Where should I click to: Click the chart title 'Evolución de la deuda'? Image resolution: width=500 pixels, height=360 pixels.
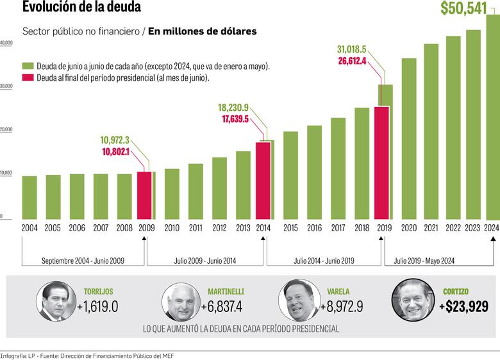(x=81, y=8)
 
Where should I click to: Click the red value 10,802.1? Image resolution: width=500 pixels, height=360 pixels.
(x=116, y=151)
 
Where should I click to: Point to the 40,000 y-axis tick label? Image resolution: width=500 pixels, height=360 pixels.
(x=6, y=43)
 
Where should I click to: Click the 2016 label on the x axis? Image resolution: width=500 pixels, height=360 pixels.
(x=314, y=228)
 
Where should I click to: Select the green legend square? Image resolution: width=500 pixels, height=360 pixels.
(x=28, y=66)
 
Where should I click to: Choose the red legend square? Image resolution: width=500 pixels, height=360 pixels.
(x=28, y=78)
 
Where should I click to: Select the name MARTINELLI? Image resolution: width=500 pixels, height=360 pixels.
(x=226, y=291)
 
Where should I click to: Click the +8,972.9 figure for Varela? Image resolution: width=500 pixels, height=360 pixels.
(x=342, y=306)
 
